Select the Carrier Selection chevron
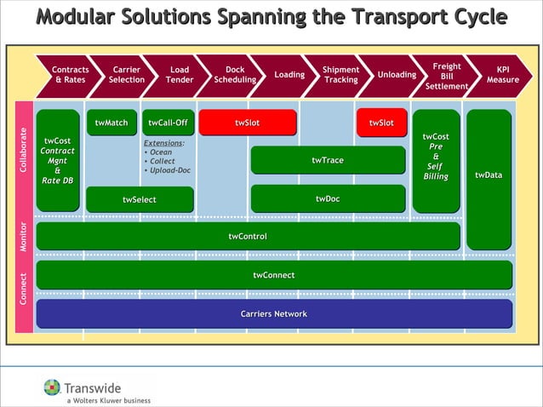click(126, 75)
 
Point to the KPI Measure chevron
click(502, 75)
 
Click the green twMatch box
click(111, 123)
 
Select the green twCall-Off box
click(167, 123)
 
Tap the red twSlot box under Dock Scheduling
click(247, 123)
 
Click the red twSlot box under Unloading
click(381, 123)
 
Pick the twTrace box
click(328, 160)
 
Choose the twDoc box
click(328, 199)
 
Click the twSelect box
click(140, 200)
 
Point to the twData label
click(489, 175)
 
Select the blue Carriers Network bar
click(273, 314)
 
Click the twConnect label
click(273, 275)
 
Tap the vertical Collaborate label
click(24, 151)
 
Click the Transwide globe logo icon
click(53, 387)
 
